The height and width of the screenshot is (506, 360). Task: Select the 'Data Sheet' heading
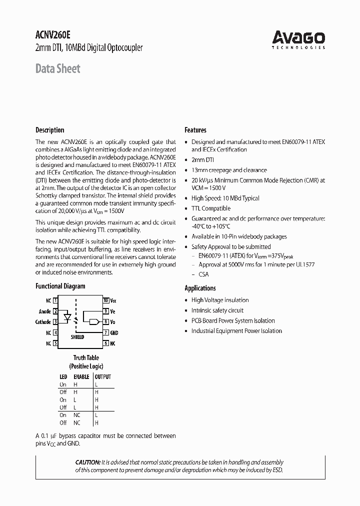point(57,68)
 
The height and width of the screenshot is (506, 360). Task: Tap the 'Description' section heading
point(49,130)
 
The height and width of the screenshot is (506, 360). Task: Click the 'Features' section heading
point(195,130)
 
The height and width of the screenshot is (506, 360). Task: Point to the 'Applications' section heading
point(200,288)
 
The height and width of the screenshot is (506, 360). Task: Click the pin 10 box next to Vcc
point(106,300)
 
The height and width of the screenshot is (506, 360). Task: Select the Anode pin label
point(45,311)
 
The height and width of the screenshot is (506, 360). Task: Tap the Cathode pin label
point(43,322)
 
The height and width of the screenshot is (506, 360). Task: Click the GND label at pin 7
point(114,332)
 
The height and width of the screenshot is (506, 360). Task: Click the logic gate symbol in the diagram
point(92,322)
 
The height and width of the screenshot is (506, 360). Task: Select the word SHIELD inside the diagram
point(77,337)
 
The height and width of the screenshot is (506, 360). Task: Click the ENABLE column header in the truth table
point(81,376)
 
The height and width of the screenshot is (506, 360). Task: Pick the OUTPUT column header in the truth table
point(103,376)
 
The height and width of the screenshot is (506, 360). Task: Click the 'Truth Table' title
point(86,357)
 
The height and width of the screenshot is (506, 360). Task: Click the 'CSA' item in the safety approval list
point(203,274)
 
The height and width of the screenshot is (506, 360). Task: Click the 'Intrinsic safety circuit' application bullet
point(217,310)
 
